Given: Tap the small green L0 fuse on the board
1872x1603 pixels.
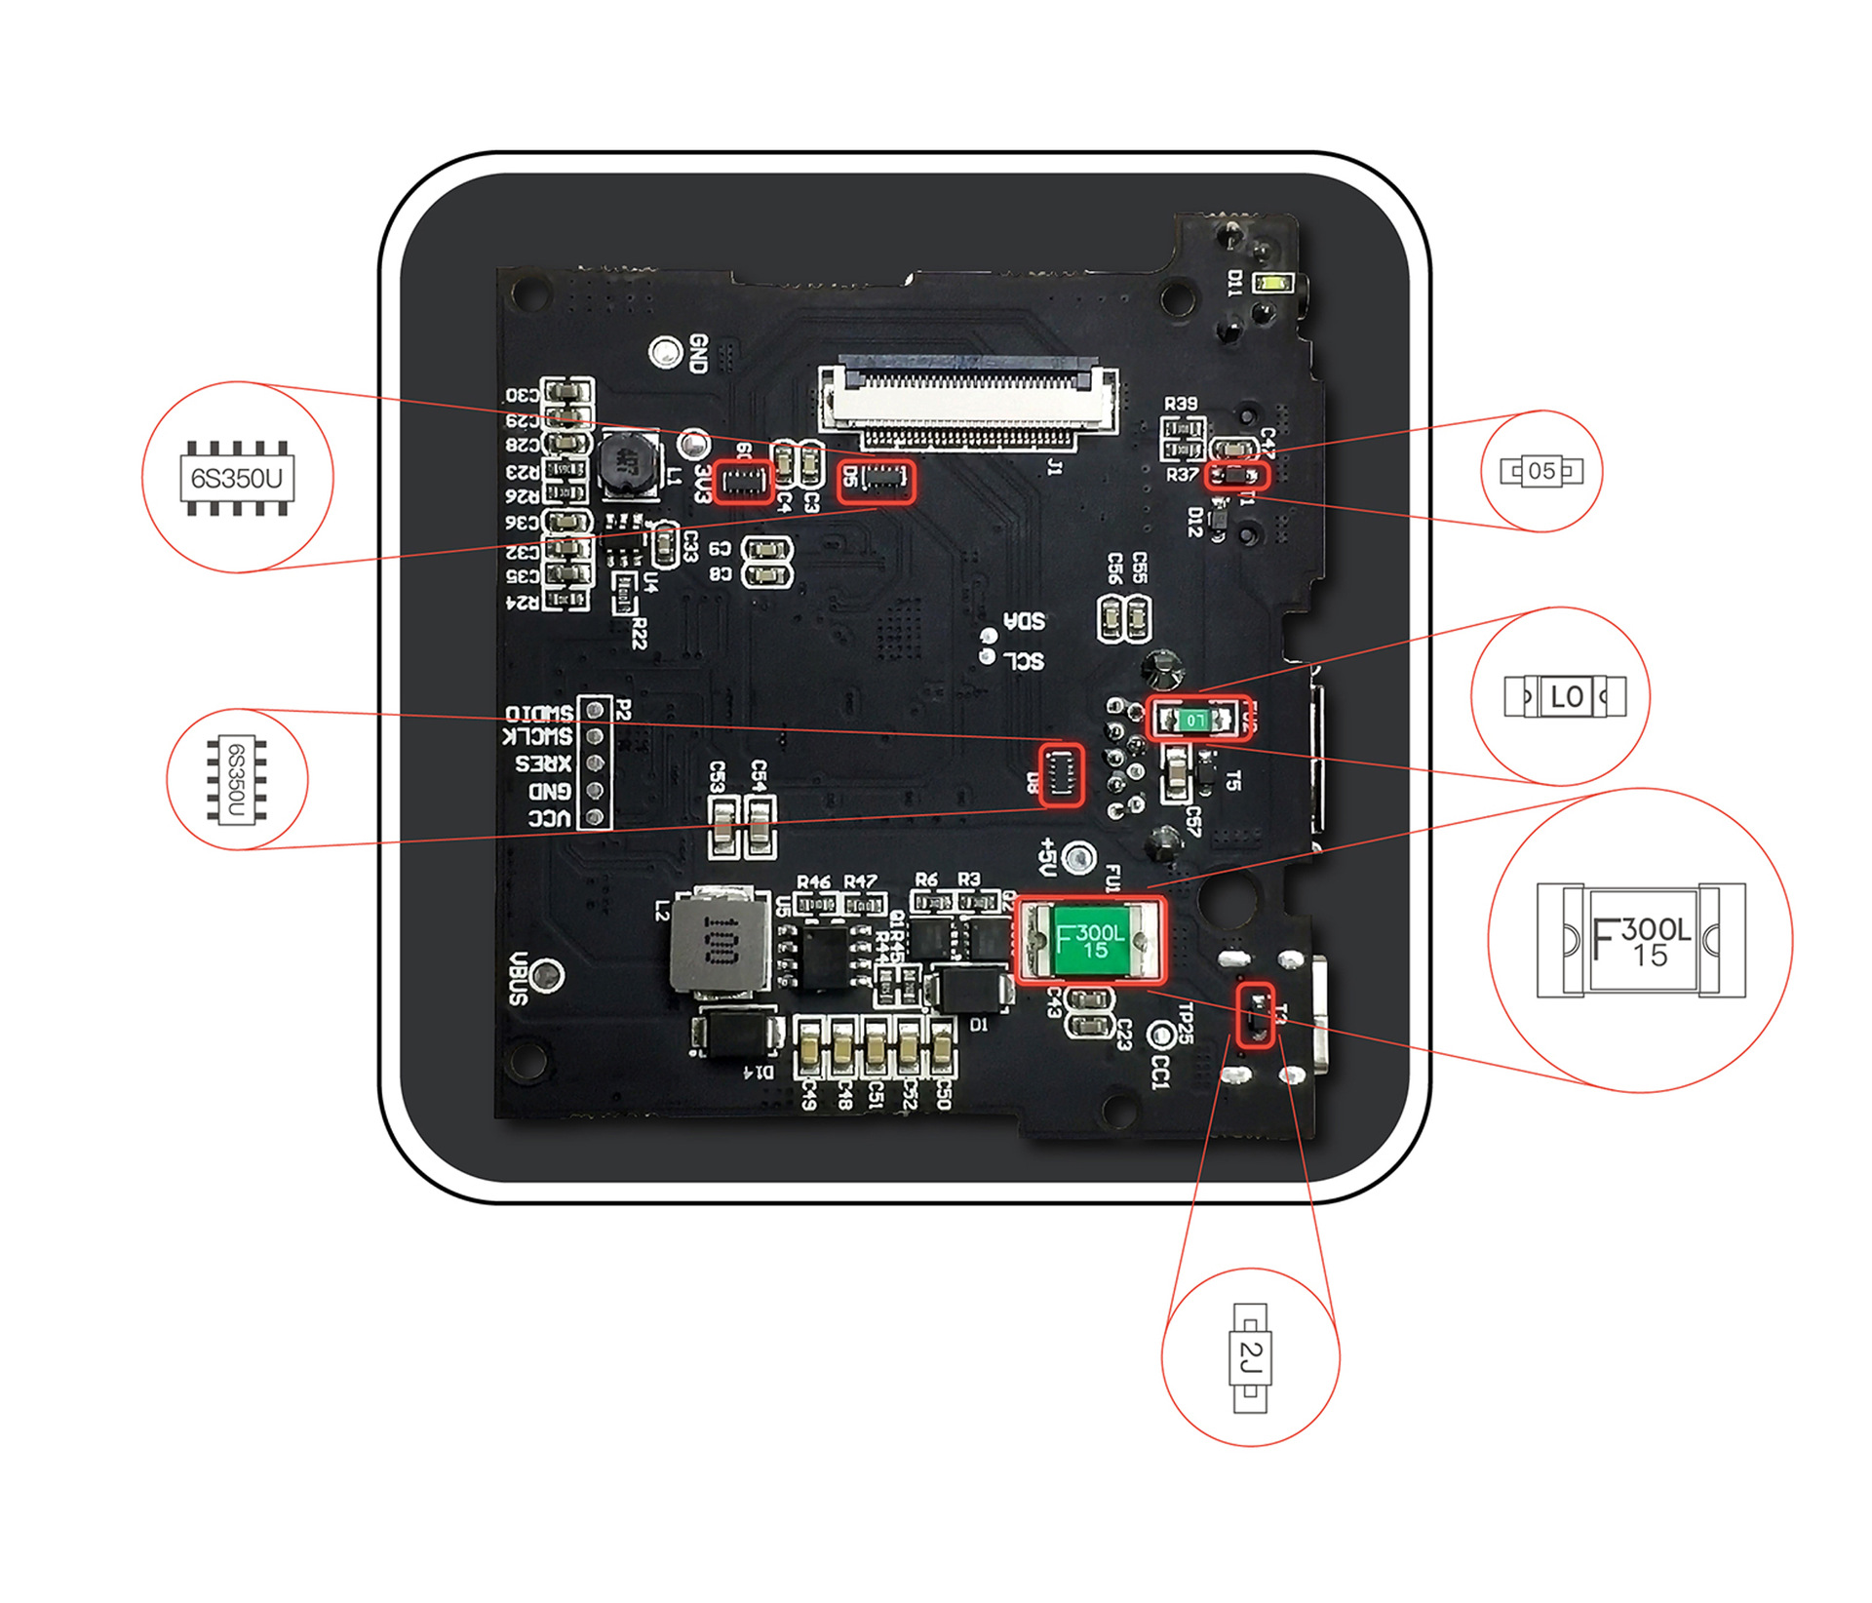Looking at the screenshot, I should tap(1194, 720).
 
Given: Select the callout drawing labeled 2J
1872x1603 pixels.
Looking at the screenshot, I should tap(1250, 1356).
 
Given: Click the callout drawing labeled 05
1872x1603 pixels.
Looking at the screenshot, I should tap(1540, 471).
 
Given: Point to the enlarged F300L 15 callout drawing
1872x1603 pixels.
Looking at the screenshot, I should tap(1641, 940).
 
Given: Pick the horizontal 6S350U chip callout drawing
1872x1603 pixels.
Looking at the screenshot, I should tap(237, 478).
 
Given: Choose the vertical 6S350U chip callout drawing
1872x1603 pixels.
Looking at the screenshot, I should tap(237, 780).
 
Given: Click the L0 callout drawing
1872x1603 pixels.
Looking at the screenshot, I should tap(1565, 696).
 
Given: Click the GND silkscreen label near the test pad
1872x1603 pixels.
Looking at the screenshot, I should tap(698, 353).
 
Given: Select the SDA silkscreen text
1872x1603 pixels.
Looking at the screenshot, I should tap(1025, 620).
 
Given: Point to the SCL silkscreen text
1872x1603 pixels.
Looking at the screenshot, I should tap(1024, 660).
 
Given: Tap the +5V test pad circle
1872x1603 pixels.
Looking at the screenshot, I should tap(1076, 857).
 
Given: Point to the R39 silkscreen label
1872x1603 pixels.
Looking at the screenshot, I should tap(1181, 404).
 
